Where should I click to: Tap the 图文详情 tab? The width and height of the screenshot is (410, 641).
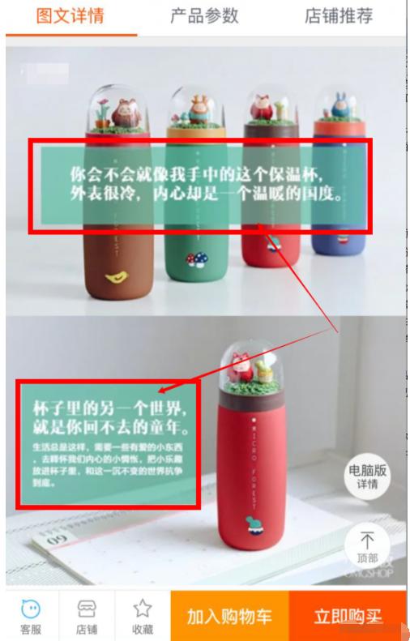point(71,16)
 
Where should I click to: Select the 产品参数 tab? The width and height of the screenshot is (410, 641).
point(204,16)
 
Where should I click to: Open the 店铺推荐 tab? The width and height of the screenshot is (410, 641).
point(339,16)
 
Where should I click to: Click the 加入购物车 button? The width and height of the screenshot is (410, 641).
point(229,617)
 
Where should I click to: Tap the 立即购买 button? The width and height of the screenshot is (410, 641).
point(348,617)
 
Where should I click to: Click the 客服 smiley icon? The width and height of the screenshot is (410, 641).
point(31,609)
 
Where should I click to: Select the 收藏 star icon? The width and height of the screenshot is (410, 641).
point(142,609)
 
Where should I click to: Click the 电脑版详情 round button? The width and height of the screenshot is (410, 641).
point(366,476)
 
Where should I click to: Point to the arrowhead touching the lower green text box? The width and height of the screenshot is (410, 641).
point(163,390)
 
